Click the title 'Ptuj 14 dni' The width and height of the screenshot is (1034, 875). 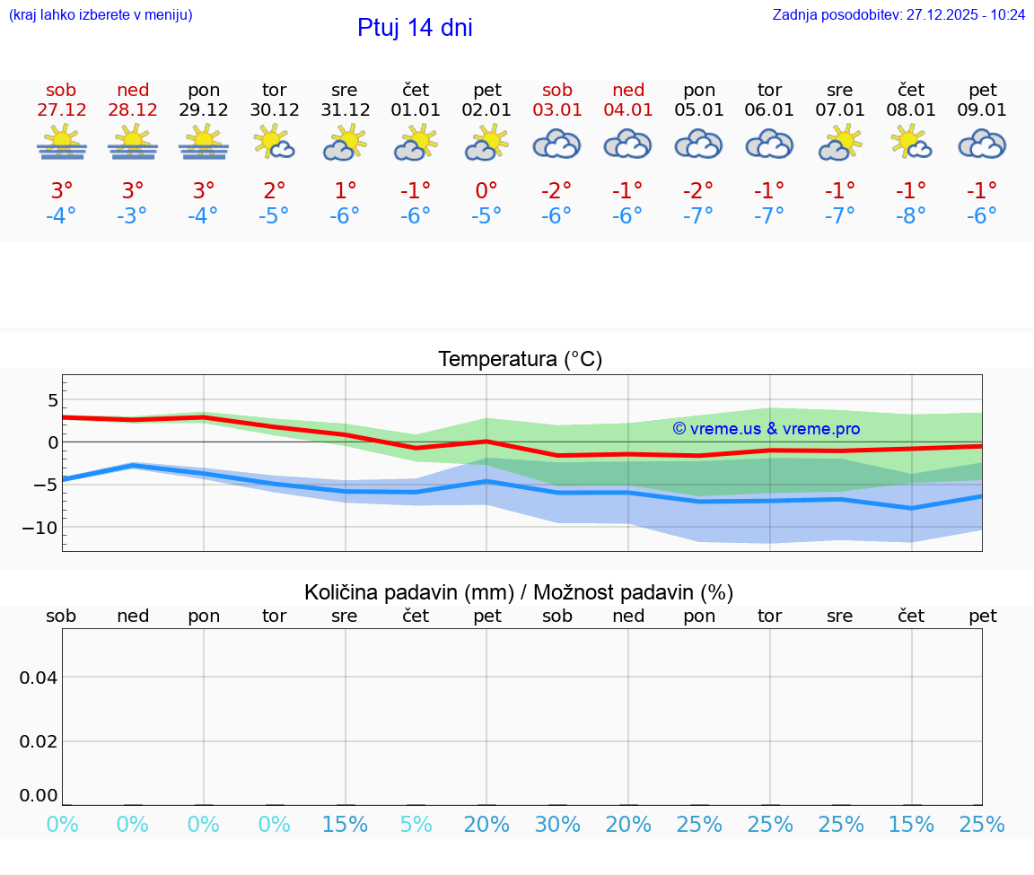[415, 28]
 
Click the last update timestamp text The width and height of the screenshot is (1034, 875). [898, 14]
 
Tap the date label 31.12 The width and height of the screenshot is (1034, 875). [345, 109]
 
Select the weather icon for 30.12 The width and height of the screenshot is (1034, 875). [274, 143]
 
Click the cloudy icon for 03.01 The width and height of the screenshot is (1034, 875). [556, 144]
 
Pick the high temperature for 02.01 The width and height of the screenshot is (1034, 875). [486, 190]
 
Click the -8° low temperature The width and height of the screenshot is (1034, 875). [910, 215]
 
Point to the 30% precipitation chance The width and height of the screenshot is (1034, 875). [557, 824]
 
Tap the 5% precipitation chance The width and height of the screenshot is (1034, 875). [416, 824]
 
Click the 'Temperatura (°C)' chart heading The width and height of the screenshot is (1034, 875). [520, 359]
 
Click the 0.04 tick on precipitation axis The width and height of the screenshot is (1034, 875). [39, 678]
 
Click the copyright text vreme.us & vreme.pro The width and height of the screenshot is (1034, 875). [766, 429]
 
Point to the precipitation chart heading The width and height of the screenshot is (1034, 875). [519, 592]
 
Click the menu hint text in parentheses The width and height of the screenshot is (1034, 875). [101, 14]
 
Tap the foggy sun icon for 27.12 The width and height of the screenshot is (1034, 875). [61, 143]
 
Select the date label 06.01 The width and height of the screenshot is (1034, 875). [769, 109]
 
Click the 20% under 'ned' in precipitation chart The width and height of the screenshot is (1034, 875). [628, 824]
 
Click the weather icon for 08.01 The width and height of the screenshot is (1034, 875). [910, 143]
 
